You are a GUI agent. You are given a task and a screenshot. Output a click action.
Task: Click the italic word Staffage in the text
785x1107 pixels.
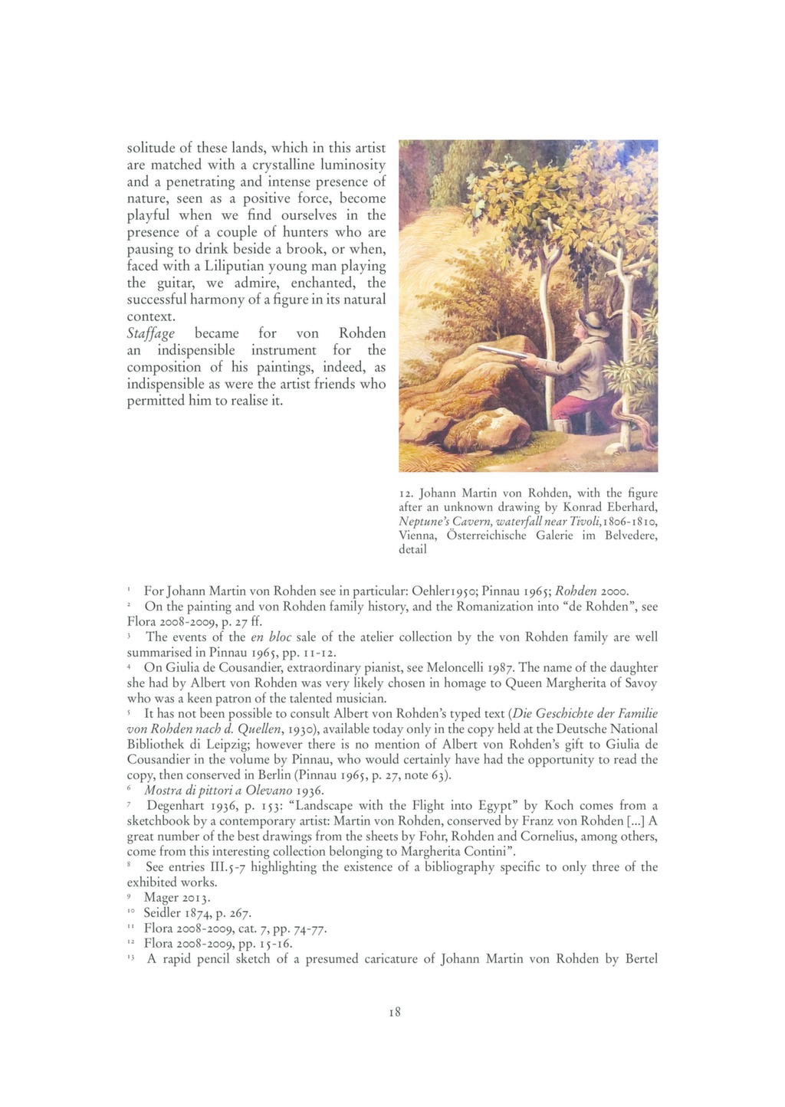point(150,334)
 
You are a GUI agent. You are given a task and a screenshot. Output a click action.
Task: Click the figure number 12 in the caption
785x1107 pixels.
point(406,493)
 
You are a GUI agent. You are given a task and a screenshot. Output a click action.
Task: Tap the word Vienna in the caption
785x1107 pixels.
point(417,535)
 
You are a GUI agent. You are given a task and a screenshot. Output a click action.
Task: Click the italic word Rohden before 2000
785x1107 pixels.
point(576,591)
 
